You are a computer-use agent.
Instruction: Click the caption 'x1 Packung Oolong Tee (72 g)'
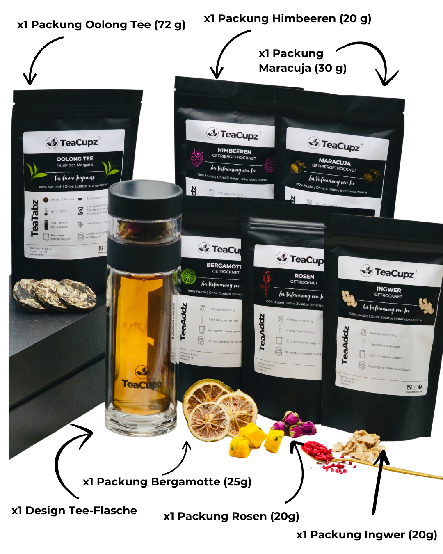coord(101,25)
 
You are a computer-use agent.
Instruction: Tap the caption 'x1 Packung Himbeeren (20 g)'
coord(287,19)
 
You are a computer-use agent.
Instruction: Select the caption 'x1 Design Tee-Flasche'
coord(74,511)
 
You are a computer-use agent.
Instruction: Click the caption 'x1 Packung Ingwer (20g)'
coord(366,535)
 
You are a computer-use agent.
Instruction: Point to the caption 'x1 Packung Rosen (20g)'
coord(231,516)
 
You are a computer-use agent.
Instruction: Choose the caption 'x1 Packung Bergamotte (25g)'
coord(167,482)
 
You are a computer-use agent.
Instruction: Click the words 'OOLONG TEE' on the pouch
coord(75,159)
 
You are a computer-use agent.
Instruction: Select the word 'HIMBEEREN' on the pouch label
coord(234,151)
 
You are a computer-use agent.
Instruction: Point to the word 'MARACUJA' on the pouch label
coord(334,162)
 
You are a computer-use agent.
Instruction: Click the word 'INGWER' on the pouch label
coord(388,289)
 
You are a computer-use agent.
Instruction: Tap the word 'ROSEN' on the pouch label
coord(304,276)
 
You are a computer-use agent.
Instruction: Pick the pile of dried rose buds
coord(295,425)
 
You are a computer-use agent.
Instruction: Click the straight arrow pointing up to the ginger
coord(379,480)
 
